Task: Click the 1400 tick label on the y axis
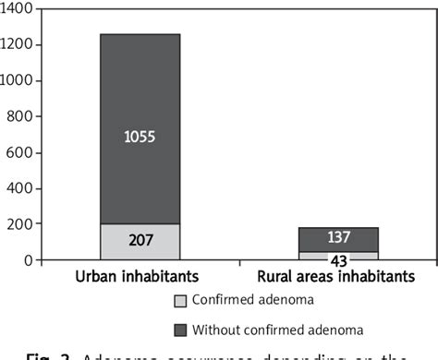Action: tap(18, 8)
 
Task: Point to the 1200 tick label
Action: tap(18, 44)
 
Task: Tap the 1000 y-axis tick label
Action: tap(18, 80)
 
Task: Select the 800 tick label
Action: tap(22, 116)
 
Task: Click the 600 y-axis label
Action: tap(22, 152)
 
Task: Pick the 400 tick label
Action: tap(22, 188)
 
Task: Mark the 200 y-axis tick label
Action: tap(22, 224)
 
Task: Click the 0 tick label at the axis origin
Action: tap(29, 260)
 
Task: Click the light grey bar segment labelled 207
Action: tap(140, 242)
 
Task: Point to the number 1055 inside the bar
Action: tap(140, 138)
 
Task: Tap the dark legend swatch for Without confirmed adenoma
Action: tap(179, 330)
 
